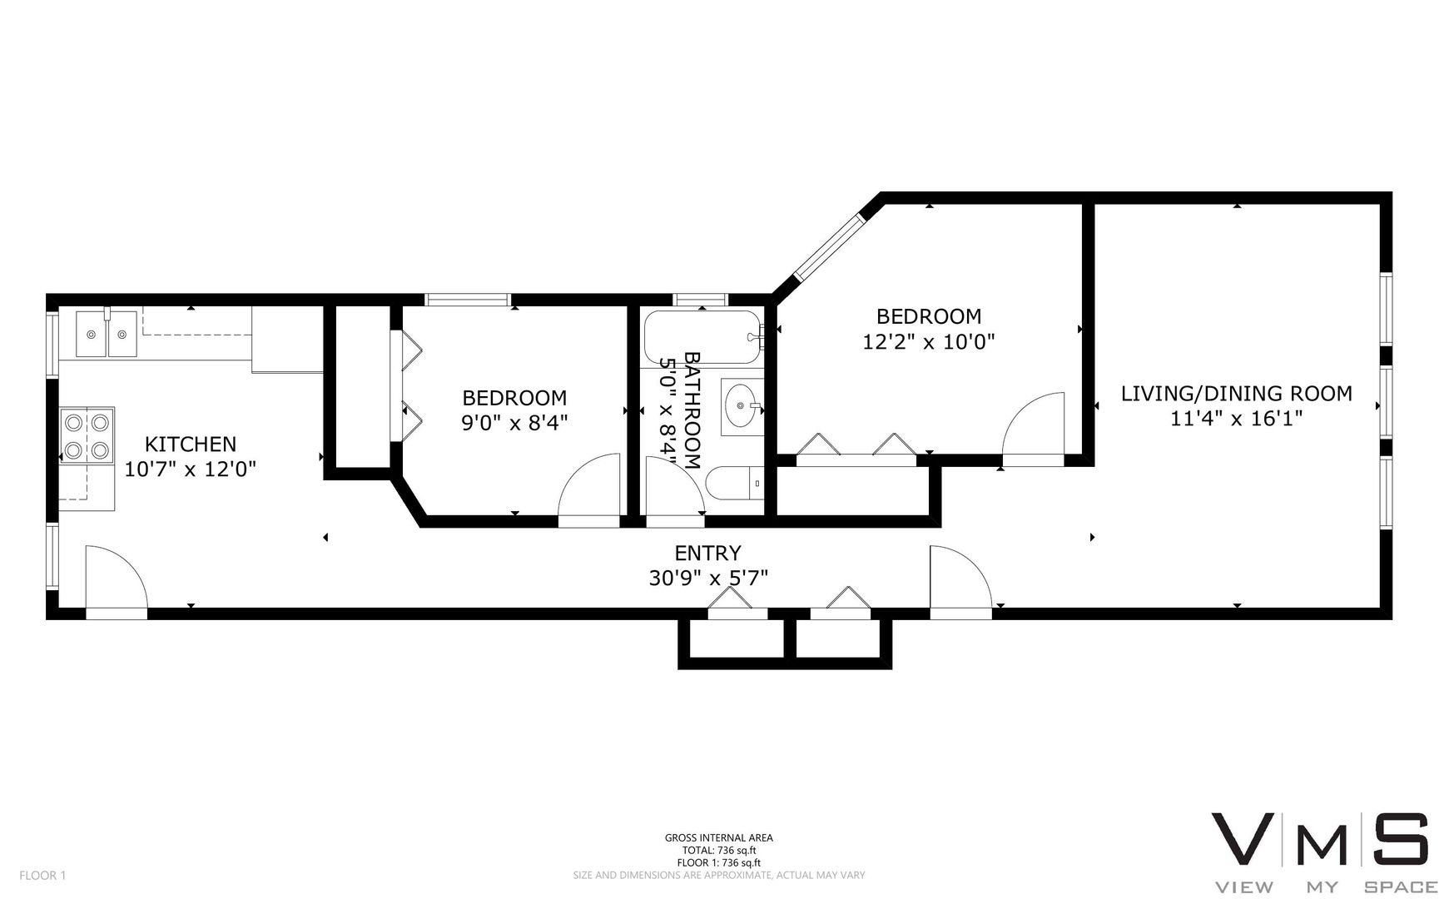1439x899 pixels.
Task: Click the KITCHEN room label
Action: [191, 444]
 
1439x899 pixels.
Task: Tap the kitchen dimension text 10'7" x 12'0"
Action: [190, 469]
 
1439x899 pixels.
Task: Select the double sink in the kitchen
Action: [106, 333]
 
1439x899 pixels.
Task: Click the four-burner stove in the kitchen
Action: [87, 436]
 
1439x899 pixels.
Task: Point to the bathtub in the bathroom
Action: [702, 337]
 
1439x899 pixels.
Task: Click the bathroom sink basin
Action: [741, 407]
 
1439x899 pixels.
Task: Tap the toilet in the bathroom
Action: [735, 484]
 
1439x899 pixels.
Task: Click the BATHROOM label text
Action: [692, 410]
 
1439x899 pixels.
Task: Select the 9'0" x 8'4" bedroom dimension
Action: [514, 423]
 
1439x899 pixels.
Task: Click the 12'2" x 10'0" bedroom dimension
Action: [929, 341]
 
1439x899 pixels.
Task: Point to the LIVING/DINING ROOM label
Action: [1236, 393]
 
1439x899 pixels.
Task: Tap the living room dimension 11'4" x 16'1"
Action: [1236, 418]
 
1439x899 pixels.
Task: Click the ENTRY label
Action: [707, 553]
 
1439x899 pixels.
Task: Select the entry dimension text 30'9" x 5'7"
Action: [707, 578]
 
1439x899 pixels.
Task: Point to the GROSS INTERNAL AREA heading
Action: [718, 838]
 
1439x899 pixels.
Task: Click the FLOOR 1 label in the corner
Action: [42, 875]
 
